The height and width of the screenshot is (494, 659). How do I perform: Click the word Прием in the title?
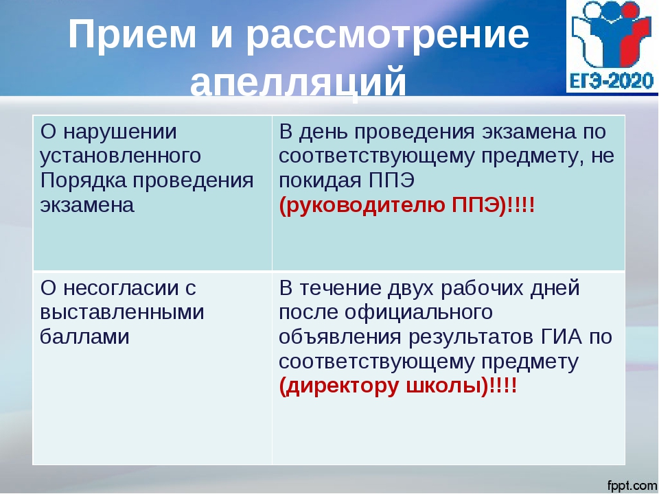tap(132, 34)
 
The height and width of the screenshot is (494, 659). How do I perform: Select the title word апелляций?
tap(299, 82)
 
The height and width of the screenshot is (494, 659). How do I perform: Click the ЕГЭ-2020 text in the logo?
tap(612, 80)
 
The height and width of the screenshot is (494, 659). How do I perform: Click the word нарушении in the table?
tap(119, 132)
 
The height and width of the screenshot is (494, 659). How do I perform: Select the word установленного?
tap(120, 156)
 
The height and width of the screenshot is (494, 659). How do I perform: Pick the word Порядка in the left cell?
tap(83, 181)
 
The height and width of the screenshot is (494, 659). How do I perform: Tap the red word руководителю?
tap(365, 205)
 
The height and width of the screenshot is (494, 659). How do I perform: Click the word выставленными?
tap(122, 313)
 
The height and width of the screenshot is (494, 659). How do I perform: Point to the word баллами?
tap(84, 336)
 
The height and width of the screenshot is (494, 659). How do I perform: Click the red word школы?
tap(443, 386)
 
